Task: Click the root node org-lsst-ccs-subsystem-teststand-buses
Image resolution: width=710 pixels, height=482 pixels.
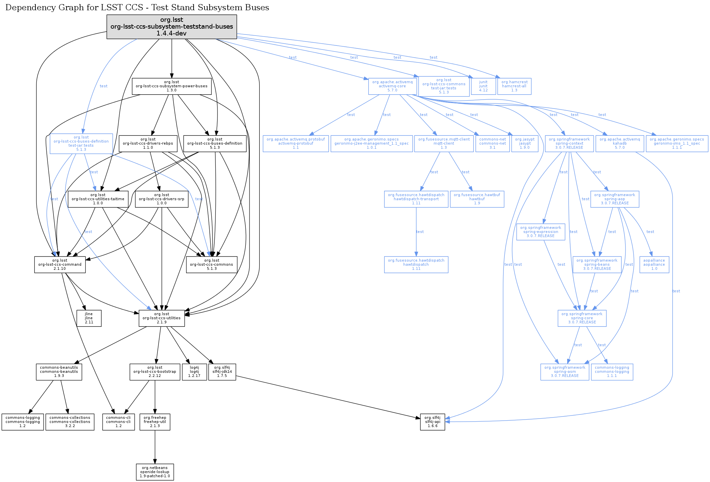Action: (171, 27)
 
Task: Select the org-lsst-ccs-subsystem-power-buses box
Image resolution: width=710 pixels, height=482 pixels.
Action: (171, 86)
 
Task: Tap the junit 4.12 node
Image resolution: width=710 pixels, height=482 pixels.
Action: (483, 86)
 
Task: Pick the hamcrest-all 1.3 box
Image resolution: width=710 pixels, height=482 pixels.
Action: (514, 86)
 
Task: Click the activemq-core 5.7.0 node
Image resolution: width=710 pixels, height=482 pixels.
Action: (392, 86)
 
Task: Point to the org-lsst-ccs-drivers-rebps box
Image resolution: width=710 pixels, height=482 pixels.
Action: (148, 144)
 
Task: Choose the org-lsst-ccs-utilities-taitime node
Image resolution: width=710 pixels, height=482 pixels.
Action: (98, 199)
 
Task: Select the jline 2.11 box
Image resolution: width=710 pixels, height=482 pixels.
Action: (89, 318)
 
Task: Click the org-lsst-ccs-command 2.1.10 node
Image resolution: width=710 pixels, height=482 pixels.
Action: (60, 265)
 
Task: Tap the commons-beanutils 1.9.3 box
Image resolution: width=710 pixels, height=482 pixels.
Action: (59, 372)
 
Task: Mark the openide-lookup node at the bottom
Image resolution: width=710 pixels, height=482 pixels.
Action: (155, 472)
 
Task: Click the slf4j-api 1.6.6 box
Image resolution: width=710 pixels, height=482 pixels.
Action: (432, 422)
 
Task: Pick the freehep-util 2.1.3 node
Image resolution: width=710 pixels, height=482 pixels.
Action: (155, 422)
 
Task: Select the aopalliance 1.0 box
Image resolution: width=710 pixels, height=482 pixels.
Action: (654, 265)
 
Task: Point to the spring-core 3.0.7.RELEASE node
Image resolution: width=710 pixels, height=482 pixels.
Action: (582, 318)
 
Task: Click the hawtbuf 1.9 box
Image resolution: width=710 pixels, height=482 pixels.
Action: (477, 199)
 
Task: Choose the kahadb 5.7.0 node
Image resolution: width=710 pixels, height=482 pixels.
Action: (619, 144)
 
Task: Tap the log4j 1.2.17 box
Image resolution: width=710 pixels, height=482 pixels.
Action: (194, 372)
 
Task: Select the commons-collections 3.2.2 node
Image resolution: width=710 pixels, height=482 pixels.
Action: (70, 422)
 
